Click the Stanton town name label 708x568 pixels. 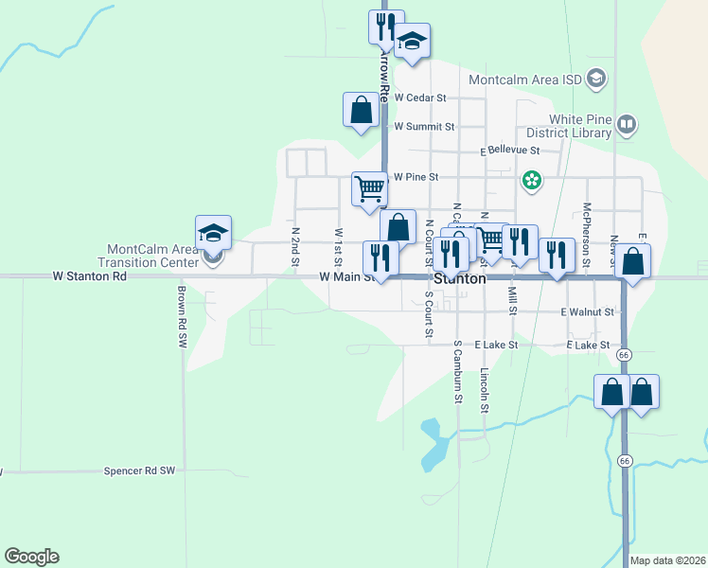point(460,280)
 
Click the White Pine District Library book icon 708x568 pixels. point(626,124)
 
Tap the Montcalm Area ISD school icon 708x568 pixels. point(595,80)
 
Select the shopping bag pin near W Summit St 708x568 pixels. point(361,110)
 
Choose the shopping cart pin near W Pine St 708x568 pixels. point(369,187)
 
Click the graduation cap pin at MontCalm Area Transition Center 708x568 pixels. point(214,233)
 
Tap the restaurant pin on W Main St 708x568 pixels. point(381,257)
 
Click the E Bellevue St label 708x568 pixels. point(509,151)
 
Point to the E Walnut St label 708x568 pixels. point(587,311)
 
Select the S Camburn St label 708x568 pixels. point(458,372)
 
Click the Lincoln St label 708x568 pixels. point(485,390)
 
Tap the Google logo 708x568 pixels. point(31,557)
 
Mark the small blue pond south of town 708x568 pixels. point(434,443)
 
